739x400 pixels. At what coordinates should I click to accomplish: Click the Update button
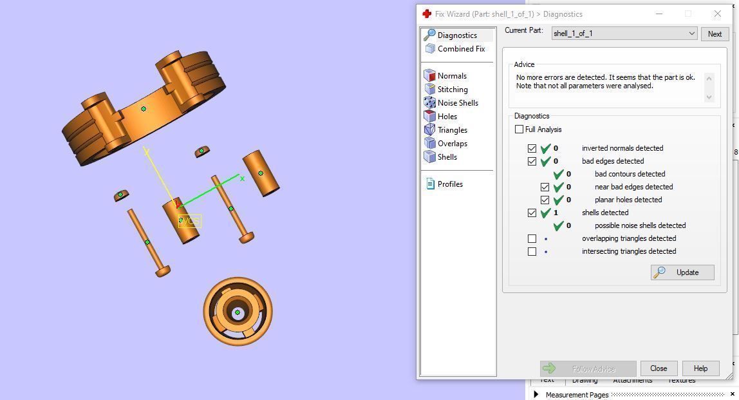coord(682,272)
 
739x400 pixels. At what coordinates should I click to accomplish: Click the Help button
coord(700,368)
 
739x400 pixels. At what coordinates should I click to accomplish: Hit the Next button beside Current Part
coord(715,34)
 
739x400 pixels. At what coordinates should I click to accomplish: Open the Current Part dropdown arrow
coord(691,33)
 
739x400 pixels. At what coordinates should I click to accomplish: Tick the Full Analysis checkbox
coord(519,129)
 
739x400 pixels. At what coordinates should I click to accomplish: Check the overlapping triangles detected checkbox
coord(532,238)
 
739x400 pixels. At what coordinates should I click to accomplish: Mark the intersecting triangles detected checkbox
coord(532,251)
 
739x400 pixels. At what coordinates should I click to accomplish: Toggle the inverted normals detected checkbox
coord(532,148)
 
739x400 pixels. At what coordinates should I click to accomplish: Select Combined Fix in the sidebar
coord(461,49)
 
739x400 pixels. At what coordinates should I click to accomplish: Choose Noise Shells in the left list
coord(457,103)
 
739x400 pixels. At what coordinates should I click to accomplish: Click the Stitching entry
coord(452,90)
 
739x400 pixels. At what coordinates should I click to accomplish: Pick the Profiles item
coord(449,184)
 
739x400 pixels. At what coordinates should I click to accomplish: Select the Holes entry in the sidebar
coord(447,117)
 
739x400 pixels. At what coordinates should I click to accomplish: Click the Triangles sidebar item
coord(452,130)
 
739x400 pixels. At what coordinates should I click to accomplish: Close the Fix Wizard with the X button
coord(717,14)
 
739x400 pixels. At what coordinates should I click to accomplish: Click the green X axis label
coord(242,178)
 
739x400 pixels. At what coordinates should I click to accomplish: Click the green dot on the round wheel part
coord(238,312)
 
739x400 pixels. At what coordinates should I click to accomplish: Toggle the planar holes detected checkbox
coord(545,200)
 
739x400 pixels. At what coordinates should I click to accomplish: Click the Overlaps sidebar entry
coord(452,144)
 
